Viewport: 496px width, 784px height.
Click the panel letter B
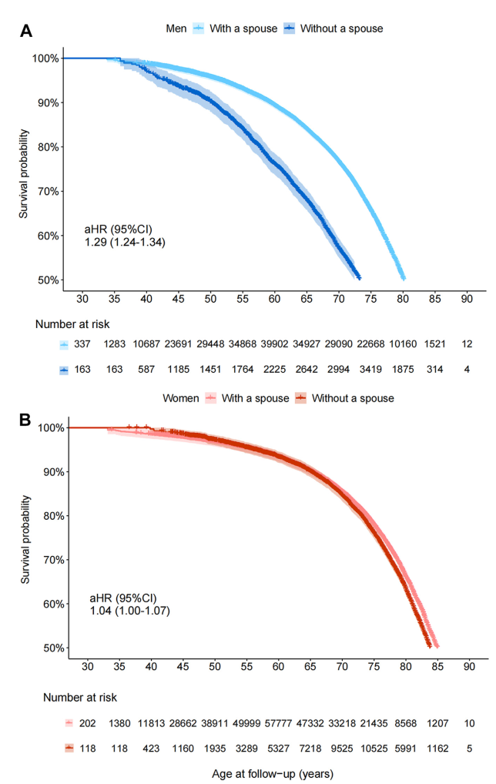coord(26,421)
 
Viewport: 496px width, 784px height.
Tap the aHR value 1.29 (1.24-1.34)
coord(126,242)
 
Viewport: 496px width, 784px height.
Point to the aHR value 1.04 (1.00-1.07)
coord(130,611)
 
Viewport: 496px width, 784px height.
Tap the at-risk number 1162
coord(437,748)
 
